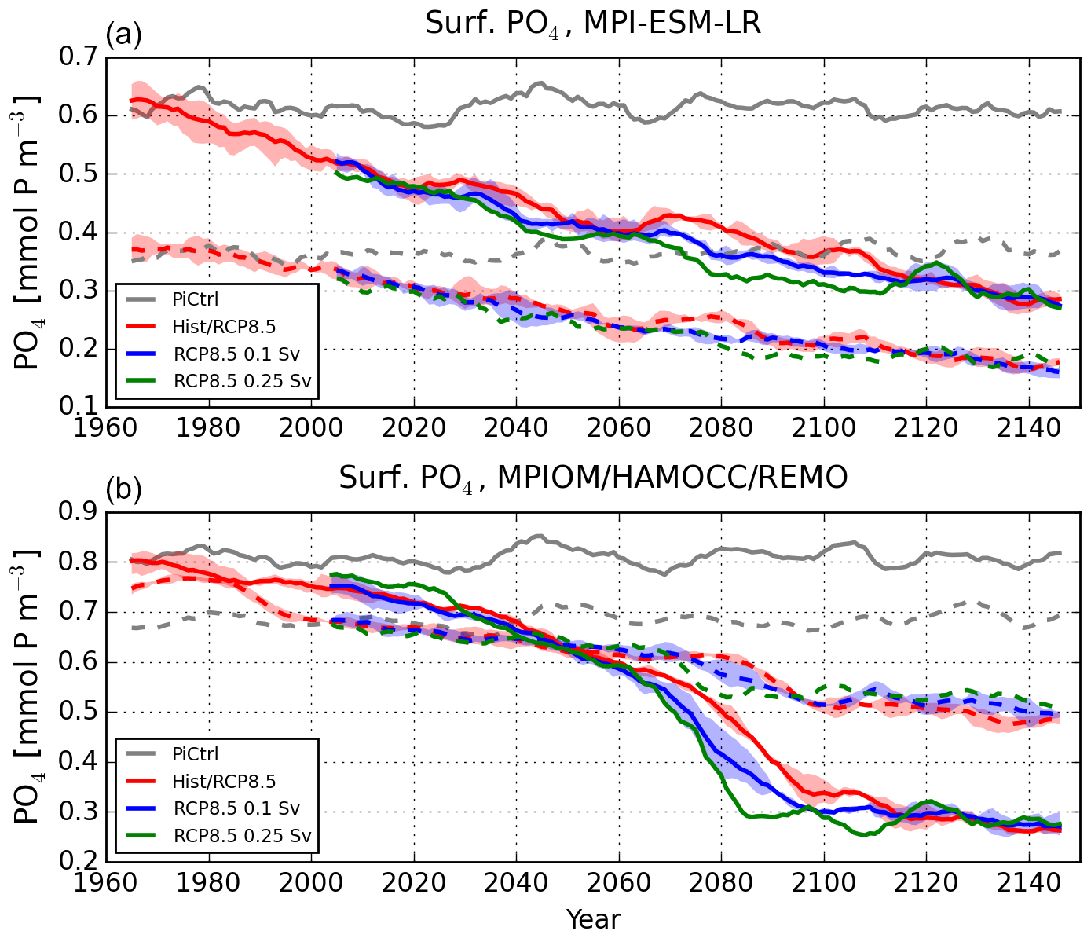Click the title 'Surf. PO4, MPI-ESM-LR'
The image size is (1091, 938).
[593, 24]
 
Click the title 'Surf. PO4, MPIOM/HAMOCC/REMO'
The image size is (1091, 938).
[593, 478]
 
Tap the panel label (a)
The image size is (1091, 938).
[123, 35]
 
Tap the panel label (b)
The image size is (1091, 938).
[123, 489]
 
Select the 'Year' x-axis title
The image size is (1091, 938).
[593, 919]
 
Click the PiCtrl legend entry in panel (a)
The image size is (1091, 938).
[195, 299]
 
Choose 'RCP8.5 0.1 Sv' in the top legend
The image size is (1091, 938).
[236, 354]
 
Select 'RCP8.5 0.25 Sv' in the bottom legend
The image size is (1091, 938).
[242, 836]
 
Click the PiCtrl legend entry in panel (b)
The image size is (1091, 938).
[195, 754]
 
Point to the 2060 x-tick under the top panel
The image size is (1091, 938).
[618, 429]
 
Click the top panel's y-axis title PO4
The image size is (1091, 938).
[27, 233]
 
